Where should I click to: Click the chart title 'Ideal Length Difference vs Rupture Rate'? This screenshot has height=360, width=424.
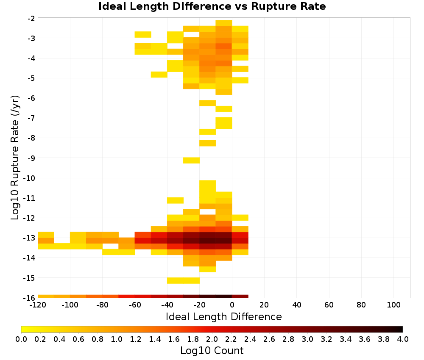point(212,6)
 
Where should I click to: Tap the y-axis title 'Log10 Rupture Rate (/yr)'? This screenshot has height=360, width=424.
point(15,158)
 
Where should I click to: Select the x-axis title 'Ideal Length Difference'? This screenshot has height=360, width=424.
point(223,316)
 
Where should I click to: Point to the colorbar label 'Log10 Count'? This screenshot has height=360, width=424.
point(212,351)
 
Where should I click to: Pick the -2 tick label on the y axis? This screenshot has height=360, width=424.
point(31,18)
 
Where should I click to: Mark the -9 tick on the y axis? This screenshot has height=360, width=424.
point(31,158)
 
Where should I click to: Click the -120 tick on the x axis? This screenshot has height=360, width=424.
point(38,305)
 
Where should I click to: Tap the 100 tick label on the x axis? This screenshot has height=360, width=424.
point(394,305)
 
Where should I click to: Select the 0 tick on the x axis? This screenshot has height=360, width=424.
point(232,305)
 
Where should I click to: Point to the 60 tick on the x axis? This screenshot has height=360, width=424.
point(329,305)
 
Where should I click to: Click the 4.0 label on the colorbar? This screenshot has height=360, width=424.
point(403,339)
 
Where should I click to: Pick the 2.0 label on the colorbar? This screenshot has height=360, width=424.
point(212,339)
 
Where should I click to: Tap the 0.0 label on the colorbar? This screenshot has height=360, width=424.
point(21,339)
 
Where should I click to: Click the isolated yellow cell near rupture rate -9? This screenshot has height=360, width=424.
point(192,161)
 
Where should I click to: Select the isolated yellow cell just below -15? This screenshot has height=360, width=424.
point(183,281)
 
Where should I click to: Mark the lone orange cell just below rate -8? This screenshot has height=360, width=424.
point(208,143)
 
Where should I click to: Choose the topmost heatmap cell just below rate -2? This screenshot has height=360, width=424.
point(224,23)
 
